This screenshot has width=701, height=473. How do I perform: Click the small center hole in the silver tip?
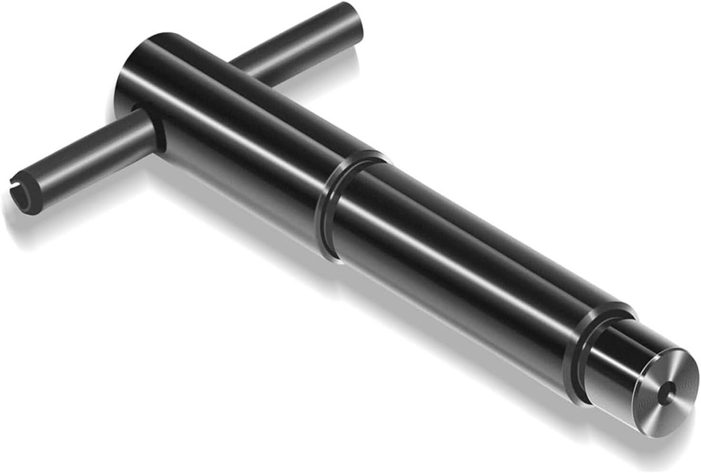tap(663, 393)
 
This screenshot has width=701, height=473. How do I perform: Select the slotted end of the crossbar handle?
tap(26, 192)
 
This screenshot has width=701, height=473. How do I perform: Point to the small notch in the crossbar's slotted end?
tap(18, 192)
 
